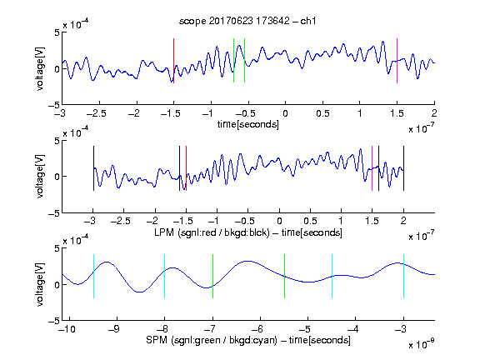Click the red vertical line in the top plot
(x=173, y=61)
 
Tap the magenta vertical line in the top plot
(x=397, y=61)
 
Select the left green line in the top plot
(x=233, y=61)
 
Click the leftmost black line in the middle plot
(x=93, y=168)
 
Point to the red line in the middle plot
(x=186, y=168)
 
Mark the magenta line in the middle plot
(x=372, y=168)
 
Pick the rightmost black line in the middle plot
(x=403, y=168)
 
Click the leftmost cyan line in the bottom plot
(x=93, y=276)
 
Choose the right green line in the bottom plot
(x=284, y=276)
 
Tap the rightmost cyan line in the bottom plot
(x=403, y=276)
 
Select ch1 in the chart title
(x=308, y=21)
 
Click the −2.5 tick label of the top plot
(x=97, y=113)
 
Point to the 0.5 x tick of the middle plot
(x=310, y=221)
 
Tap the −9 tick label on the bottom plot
(x=114, y=329)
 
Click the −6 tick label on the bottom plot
(x=259, y=329)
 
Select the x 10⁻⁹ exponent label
(x=422, y=344)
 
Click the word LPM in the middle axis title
(x=164, y=232)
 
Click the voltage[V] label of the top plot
(x=40, y=68)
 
